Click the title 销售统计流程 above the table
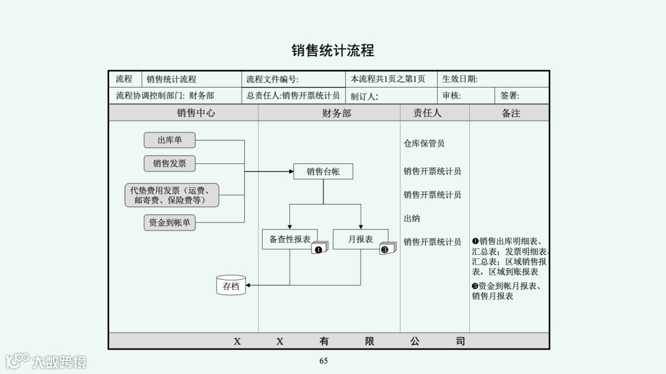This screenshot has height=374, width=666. (x=332, y=51)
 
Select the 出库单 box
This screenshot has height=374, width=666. (x=170, y=140)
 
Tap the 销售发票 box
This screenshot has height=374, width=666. (x=170, y=163)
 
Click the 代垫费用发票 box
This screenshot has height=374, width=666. (x=172, y=195)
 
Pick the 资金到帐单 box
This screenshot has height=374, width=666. (x=170, y=222)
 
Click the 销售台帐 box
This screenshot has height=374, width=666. (x=323, y=172)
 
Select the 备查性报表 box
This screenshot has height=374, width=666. (x=290, y=239)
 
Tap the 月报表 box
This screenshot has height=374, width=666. (x=360, y=239)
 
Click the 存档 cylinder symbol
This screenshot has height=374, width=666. (x=231, y=285)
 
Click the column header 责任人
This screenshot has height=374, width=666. (x=427, y=113)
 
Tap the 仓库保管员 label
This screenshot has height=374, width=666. (x=424, y=144)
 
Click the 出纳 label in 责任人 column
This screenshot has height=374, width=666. (x=412, y=219)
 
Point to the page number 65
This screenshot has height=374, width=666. (x=323, y=361)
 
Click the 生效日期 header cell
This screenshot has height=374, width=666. (x=460, y=79)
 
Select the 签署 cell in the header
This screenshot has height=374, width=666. (x=510, y=96)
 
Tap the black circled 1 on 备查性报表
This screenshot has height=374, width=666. (x=318, y=249)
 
